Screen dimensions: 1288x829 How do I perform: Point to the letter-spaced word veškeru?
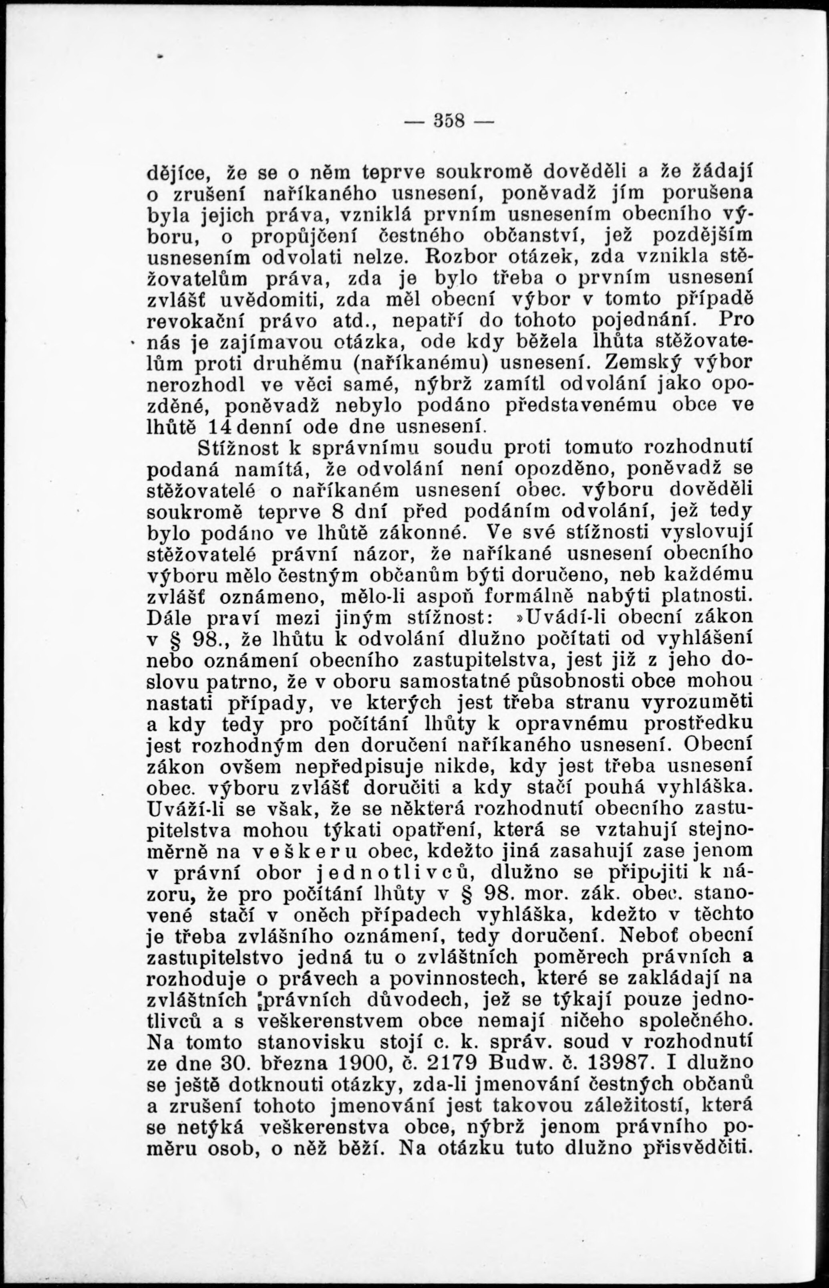(x=311, y=851)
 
